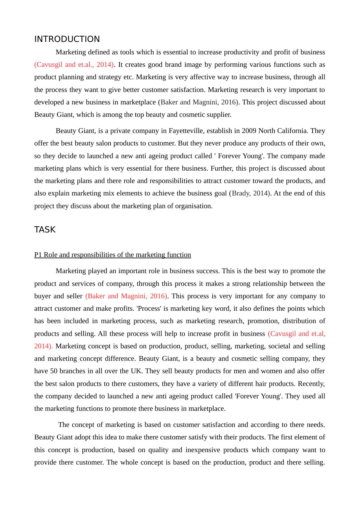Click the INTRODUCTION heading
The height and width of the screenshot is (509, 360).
pyautogui.click(x=67, y=39)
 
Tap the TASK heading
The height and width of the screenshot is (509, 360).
pyautogui.click(x=45, y=230)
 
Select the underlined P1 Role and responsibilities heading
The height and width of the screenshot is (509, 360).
pyautogui.click(x=113, y=255)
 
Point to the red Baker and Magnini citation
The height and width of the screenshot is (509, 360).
pyautogui.click(x=126, y=296)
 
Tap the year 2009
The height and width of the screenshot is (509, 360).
pyautogui.click(x=249, y=131)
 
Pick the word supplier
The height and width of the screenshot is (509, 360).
pyautogui.click(x=219, y=115)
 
